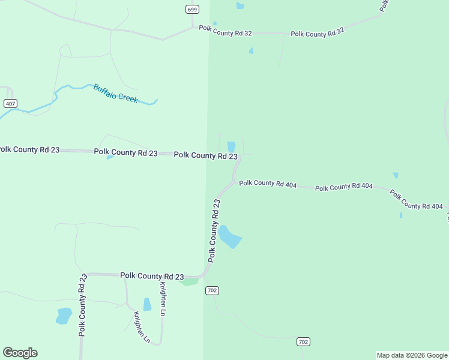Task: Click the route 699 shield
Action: click(x=192, y=9)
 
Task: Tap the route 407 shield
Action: click(x=10, y=104)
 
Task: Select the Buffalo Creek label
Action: click(x=115, y=93)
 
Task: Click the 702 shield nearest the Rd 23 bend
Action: click(x=211, y=290)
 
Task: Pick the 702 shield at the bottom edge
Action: click(x=303, y=342)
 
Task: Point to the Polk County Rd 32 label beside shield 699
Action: click(x=226, y=28)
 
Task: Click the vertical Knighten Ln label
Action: click(x=163, y=299)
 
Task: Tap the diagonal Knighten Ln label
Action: click(x=142, y=327)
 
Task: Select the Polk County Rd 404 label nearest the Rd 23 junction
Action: click(x=268, y=184)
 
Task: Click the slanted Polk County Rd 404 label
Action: click(x=416, y=200)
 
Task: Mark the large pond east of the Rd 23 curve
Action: click(x=229, y=237)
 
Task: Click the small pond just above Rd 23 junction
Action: click(x=231, y=146)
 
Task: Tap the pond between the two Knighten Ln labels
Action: click(x=147, y=304)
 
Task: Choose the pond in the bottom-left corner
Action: click(x=63, y=316)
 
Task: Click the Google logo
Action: click(x=20, y=353)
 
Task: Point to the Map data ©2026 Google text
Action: click(x=412, y=355)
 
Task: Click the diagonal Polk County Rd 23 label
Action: click(x=214, y=231)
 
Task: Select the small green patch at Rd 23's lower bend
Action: click(x=190, y=281)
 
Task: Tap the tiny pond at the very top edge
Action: click(x=240, y=5)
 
